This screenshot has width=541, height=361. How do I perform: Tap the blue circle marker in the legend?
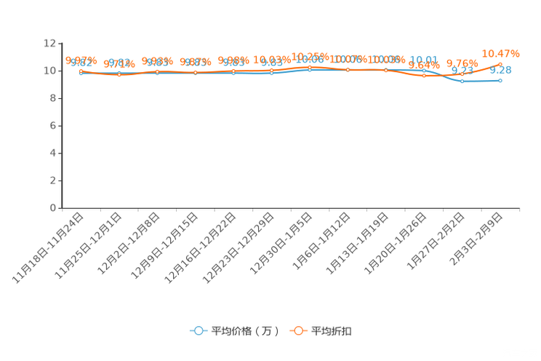pyautogui.click(x=199, y=330)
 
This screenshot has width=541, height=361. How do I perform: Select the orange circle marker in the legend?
pyautogui.click(x=297, y=330)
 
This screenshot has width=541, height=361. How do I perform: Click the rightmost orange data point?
pyautogui.click(x=500, y=63)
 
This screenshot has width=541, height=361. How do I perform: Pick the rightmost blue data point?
pyautogui.click(x=500, y=79)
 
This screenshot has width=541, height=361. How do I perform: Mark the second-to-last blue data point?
pyautogui.click(x=462, y=81)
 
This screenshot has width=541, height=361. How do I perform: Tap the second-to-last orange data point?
pyautogui.click(x=462, y=74)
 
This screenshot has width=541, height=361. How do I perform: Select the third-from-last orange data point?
pyautogui.click(x=424, y=75)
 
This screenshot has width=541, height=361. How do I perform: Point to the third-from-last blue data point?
pyautogui.click(x=424, y=71)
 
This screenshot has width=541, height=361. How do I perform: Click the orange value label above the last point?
pyautogui.click(x=502, y=53)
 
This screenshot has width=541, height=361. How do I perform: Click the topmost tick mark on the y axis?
pyautogui.click(x=60, y=44)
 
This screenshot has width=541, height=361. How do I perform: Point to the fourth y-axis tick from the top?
pyautogui.click(x=60, y=126)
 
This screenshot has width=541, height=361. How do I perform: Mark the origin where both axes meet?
pyautogui.click(x=62, y=208)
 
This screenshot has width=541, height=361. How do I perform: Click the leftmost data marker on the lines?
pyautogui.click(x=81, y=71)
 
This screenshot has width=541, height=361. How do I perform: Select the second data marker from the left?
pyautogui.click(x=119, y=74)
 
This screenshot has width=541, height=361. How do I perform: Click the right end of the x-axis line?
pyautogui.click(x=519, y=208)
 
